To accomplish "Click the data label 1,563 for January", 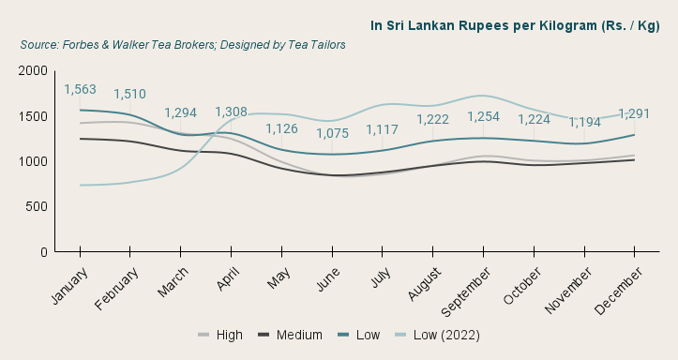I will (80, 90).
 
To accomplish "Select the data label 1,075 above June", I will (332, 133).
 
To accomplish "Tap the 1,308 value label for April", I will (231, 112).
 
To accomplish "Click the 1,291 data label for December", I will (635, 113).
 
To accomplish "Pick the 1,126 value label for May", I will (281, 129).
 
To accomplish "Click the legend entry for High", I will (220, 335).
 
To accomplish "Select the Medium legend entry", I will (290, 335).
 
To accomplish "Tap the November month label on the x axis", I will (569, 290).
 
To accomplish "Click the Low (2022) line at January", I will (80, 185).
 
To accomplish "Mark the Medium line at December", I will (635, 160).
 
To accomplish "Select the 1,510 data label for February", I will (129, 94).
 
